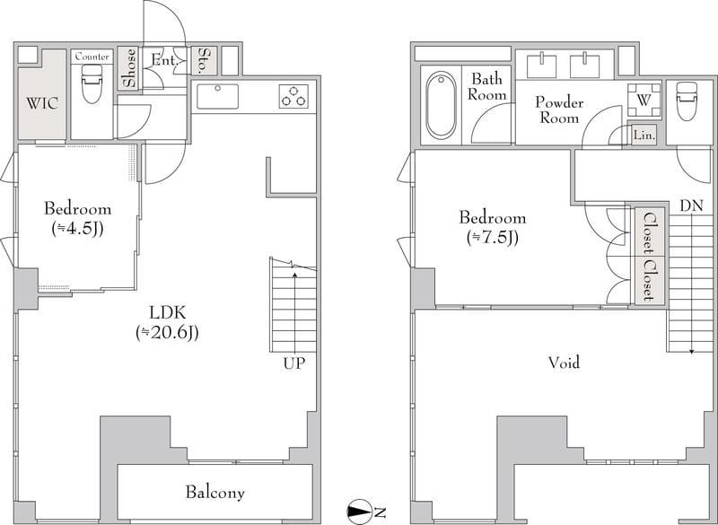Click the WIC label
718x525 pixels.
coord(42,103)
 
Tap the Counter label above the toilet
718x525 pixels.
coord(92,57)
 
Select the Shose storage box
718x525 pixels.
coord(128,67)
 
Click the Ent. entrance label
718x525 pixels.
coord(163,60)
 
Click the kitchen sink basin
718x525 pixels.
coord(217,96)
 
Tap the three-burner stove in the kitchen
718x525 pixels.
coord(293,97)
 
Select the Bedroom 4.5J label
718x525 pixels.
coord(77,217)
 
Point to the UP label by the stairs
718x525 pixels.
coord(294,363)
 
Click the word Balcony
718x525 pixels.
coord(215,493)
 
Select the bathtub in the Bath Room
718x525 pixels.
coord(441,105)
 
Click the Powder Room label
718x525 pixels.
coord(559,109)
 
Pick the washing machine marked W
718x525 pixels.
coord(644,101)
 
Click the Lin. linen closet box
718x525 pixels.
coord(644,136)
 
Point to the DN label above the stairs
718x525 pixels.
coord(691,206)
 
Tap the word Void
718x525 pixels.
coord(565,363)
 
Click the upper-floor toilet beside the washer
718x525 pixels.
coord(687,101)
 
